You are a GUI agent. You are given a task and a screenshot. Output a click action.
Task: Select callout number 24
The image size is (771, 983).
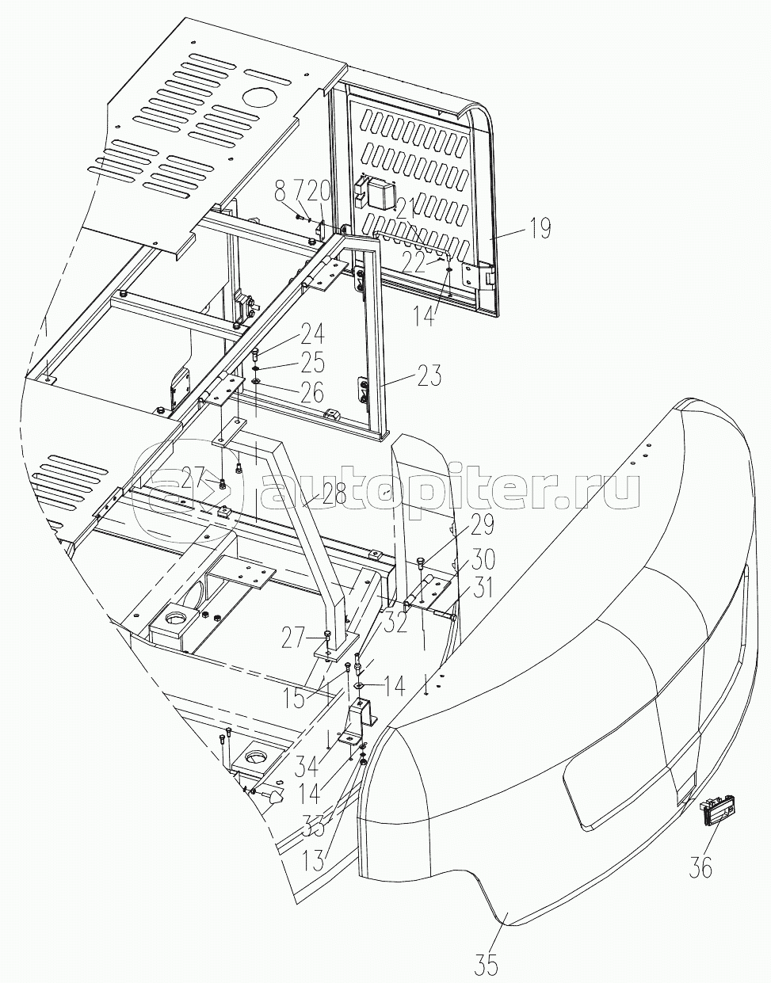coord(311,335)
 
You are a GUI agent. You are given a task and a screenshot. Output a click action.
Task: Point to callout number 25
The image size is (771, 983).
coord(311,363)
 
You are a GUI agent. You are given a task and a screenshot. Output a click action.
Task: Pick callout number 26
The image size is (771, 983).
coord(311,391)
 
